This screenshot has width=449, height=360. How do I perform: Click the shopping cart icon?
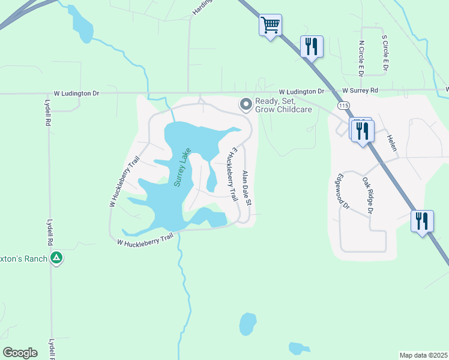pos(271,25)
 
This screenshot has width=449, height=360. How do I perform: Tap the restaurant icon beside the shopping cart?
pos(312,46)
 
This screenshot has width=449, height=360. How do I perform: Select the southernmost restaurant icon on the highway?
pos(422,221)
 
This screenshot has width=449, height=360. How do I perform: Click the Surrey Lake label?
pos(182,167)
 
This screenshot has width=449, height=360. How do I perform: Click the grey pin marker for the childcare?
pos(246,105)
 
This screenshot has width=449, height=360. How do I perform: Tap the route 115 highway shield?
pos(343,106)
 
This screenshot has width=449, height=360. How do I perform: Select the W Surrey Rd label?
pos(361,91)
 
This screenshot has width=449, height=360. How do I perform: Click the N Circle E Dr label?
pos(361,58)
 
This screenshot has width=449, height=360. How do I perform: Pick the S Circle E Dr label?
pos(385,54)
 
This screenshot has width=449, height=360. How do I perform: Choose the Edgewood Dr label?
pos(343,191)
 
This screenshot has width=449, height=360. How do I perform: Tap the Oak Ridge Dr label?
pos(367,195)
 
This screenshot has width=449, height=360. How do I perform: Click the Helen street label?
pos(392,142)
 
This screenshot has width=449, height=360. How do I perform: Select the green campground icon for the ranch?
pos(56,258)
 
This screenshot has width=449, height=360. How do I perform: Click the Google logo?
pos(20,352)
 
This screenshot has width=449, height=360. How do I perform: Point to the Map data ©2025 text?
pos(423,355)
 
